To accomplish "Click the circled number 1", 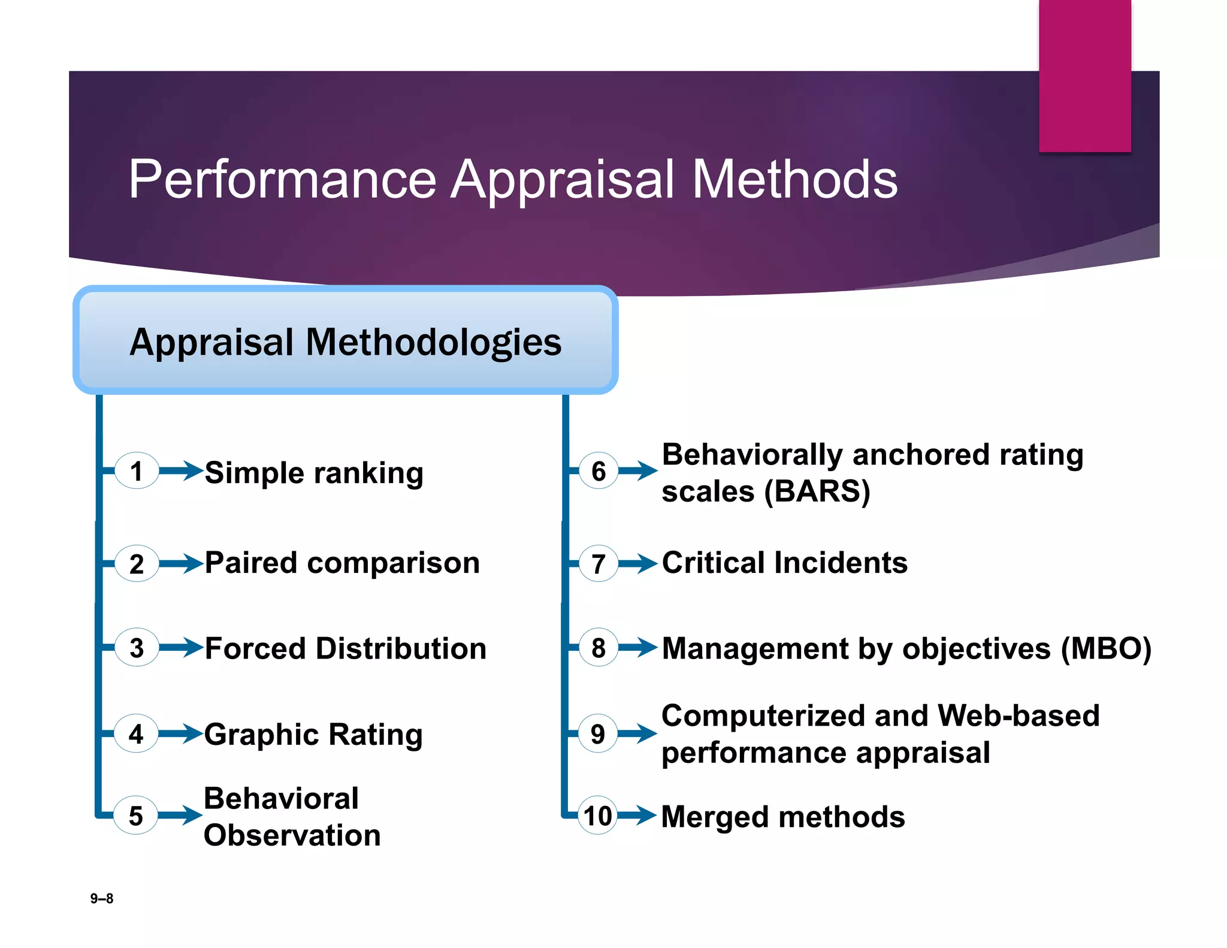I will click(137, 471).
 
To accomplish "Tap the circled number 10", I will click(597, 816).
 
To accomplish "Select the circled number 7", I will click(598, 564).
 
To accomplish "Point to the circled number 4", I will click(136, 733).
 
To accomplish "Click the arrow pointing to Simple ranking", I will click(181, 470).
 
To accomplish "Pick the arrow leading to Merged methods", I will click(637, 815).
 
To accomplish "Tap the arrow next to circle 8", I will click(637, 647).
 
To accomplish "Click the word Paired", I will click(251, 563).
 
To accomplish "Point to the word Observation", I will click(292, 835).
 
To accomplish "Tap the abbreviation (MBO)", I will click(1105, 648).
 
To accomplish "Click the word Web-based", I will click(1018, 715).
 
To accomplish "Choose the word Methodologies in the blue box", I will click(433, 342).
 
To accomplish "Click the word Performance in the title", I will click(282, 179).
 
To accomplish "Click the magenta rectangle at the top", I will click(1084, 75).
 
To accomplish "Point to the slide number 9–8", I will click(101, 898).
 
